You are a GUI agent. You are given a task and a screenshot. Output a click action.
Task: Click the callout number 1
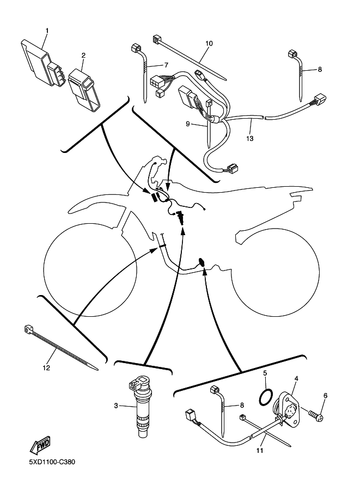point(46,30)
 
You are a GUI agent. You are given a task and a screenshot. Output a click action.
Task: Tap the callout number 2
point(83,55)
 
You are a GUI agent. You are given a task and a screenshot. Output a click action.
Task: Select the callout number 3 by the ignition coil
point(116,406)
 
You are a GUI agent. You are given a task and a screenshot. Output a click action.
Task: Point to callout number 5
point(265,373)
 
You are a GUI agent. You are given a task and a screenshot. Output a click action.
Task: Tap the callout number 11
point(260,451)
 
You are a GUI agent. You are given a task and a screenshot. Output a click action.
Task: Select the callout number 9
point(188,124)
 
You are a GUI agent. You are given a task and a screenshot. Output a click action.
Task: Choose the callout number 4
point(296,378)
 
